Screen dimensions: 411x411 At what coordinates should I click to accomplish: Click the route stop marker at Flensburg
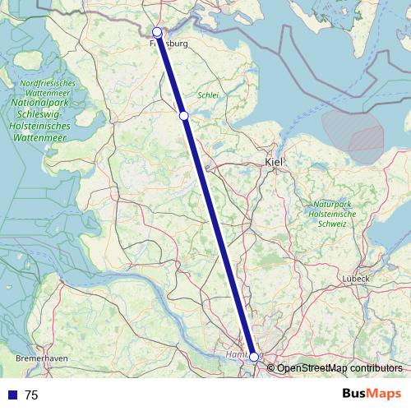(x=157, y=32)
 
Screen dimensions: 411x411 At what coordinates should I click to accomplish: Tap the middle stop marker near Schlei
(x=184, y=116)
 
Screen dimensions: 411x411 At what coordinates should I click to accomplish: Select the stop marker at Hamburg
(x=254, y=357)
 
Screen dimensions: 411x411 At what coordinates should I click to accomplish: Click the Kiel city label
(x=274, y=163)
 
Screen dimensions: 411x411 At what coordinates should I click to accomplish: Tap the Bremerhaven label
(x=41, y=359)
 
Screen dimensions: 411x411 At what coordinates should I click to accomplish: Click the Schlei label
(x=208, y=95)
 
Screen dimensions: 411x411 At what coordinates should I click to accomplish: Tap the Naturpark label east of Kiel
(x=330, y=203)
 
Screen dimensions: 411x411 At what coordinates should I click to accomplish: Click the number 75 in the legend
(x=31, y=395)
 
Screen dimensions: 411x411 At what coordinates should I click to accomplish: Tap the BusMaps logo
(x=372, y=395)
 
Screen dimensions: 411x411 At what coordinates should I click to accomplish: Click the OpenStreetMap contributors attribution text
(x=339, y=368)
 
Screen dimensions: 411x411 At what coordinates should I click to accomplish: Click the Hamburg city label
(x=237, y=355)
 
